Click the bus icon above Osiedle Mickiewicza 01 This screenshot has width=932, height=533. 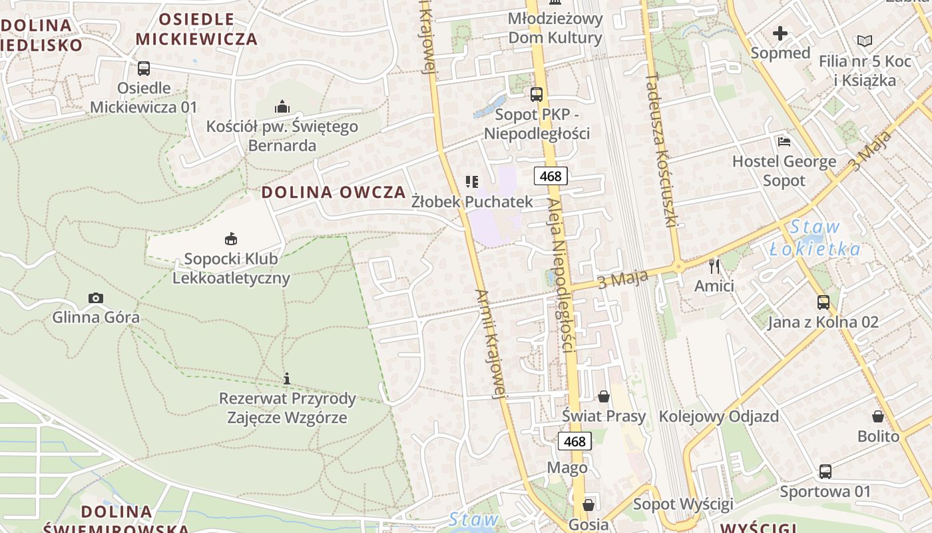144,68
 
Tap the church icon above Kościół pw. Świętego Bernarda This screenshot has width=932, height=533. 282,107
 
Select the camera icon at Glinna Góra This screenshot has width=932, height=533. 96,298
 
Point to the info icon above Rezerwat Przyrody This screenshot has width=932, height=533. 287,378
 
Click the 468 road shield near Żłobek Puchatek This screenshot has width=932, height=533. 551,176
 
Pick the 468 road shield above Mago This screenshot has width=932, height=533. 574,441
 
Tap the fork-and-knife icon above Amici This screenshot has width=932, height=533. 714,266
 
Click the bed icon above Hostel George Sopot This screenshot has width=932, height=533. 784,142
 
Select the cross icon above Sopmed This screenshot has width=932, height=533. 780,33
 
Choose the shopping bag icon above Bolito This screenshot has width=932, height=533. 878,417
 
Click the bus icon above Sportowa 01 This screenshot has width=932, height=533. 825,472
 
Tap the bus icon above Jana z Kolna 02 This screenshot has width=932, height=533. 823,302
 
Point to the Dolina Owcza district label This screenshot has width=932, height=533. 334,193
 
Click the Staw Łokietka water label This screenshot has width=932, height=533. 814,238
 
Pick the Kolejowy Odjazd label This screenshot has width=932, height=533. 718,416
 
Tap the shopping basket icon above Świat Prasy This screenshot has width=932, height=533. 604,397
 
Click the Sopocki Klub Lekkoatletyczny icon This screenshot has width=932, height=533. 231,239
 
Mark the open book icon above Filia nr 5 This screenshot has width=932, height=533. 864,41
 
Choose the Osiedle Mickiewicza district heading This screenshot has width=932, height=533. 196,29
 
